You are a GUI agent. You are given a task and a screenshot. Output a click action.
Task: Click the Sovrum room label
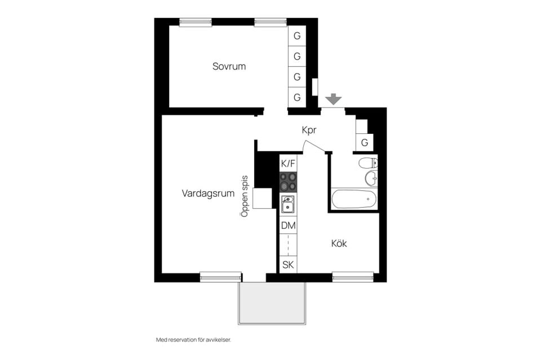(229, 66)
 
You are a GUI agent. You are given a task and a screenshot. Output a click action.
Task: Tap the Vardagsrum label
(208, 193)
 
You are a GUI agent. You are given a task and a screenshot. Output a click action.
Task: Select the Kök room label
(338, 244)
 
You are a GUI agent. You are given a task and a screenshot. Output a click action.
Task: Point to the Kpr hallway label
(309, 130)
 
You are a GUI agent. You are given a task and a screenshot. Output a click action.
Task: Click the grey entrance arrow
(334, 99)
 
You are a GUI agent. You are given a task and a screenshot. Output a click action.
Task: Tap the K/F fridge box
(288, 164)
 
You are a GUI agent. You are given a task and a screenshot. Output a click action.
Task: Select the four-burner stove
(288, 183)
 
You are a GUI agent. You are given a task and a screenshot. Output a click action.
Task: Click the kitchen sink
(288, 204)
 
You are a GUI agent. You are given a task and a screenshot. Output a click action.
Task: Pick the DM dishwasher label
(288, 226)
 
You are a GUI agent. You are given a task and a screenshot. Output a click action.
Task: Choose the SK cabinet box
(288, 264)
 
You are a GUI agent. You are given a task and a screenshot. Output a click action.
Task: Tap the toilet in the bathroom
(368, 164)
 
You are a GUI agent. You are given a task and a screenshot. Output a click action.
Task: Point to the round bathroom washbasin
(371, 179)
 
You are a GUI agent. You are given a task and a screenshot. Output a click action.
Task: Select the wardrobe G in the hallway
(364, 143)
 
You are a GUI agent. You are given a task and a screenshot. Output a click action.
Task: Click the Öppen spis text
(245, 195)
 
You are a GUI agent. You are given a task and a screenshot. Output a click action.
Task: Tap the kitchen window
(353, 276)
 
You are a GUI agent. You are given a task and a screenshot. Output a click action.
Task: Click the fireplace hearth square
(262, 199)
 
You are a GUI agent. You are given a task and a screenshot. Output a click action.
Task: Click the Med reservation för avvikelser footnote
(193, 340)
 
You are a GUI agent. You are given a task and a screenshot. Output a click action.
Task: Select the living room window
(220, 276)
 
